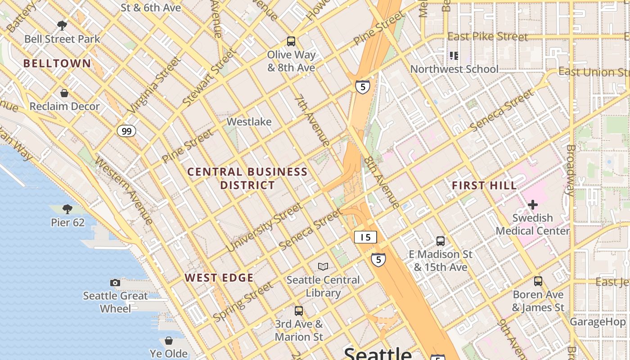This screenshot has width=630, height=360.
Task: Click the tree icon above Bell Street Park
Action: coord(62,25)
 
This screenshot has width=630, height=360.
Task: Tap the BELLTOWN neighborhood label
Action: coord(57,63)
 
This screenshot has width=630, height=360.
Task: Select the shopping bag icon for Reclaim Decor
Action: coord(64,93)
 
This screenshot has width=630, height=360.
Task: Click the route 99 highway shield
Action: coord(126,131)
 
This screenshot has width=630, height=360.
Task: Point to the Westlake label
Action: coord(249,122)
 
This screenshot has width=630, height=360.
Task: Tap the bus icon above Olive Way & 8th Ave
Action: coord(291,41)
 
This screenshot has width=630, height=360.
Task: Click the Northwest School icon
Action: coord(454,56)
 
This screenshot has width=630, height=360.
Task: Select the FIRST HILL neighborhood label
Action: coord(484,185)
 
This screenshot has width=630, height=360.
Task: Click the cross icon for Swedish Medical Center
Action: coord(533,205)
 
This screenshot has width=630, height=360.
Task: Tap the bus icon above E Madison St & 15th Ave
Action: coord(441,241)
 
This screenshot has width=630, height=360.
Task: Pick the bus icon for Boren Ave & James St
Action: coord(538,281)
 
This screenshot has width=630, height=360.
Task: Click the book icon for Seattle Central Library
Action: coord(323,266)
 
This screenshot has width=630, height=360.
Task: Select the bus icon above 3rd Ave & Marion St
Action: coord(299,311)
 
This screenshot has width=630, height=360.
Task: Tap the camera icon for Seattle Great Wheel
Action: coord(115,283)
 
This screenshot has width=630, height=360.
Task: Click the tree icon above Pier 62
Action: coord(67,209)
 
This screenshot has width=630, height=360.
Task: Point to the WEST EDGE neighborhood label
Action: coord(219,278)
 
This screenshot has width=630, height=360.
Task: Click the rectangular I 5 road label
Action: coord(365,237)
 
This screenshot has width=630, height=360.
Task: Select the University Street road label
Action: coord(264,227)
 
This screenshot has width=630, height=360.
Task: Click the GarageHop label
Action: coord(597,322)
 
